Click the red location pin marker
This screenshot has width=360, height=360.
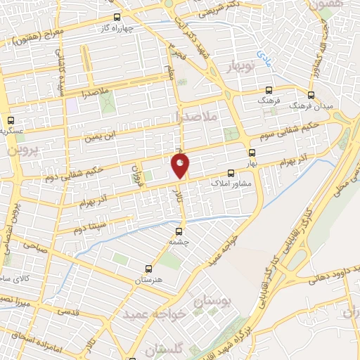[x=180, y=166]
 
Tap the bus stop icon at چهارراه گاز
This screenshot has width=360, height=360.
[x=117, y=17]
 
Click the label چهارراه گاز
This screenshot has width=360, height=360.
[x=117, y=29]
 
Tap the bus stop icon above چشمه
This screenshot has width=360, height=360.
[x=179, y=230]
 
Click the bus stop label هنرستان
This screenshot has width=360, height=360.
[x=148, y=279]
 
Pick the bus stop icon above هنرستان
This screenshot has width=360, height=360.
[x=148, y=268]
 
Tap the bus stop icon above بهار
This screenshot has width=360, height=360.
[x=252, y=152]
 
